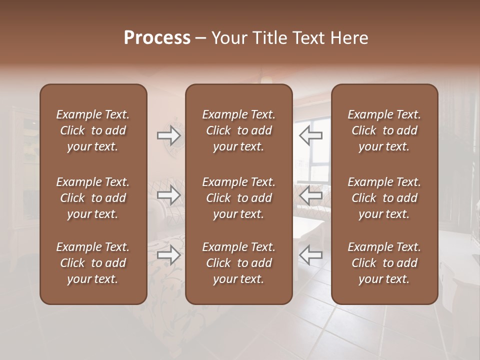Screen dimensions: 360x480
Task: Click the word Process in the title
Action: pos(157,38)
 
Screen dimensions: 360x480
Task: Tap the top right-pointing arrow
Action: pos(169,135)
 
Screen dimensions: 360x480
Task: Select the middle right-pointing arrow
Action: pos(169,195)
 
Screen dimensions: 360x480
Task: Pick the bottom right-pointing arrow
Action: pos(169,255)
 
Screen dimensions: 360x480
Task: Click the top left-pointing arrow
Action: pos(310,135)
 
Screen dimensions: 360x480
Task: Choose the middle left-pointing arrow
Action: pos(310,195)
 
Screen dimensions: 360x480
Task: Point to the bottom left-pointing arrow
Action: pos(310,255)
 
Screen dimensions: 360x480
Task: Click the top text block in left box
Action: pos(93,130)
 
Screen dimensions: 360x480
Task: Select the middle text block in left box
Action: pos(93,198)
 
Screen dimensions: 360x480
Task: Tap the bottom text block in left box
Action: pos(93,263)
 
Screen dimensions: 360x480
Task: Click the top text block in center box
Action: pos(238,130)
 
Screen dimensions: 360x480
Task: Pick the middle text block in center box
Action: pos(238,198)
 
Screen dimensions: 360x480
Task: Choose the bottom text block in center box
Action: pos(238,263)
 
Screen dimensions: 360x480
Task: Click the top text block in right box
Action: pos(384,130)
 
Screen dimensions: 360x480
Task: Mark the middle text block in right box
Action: pos(384,198)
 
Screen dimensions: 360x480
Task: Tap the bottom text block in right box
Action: pos(384,263)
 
